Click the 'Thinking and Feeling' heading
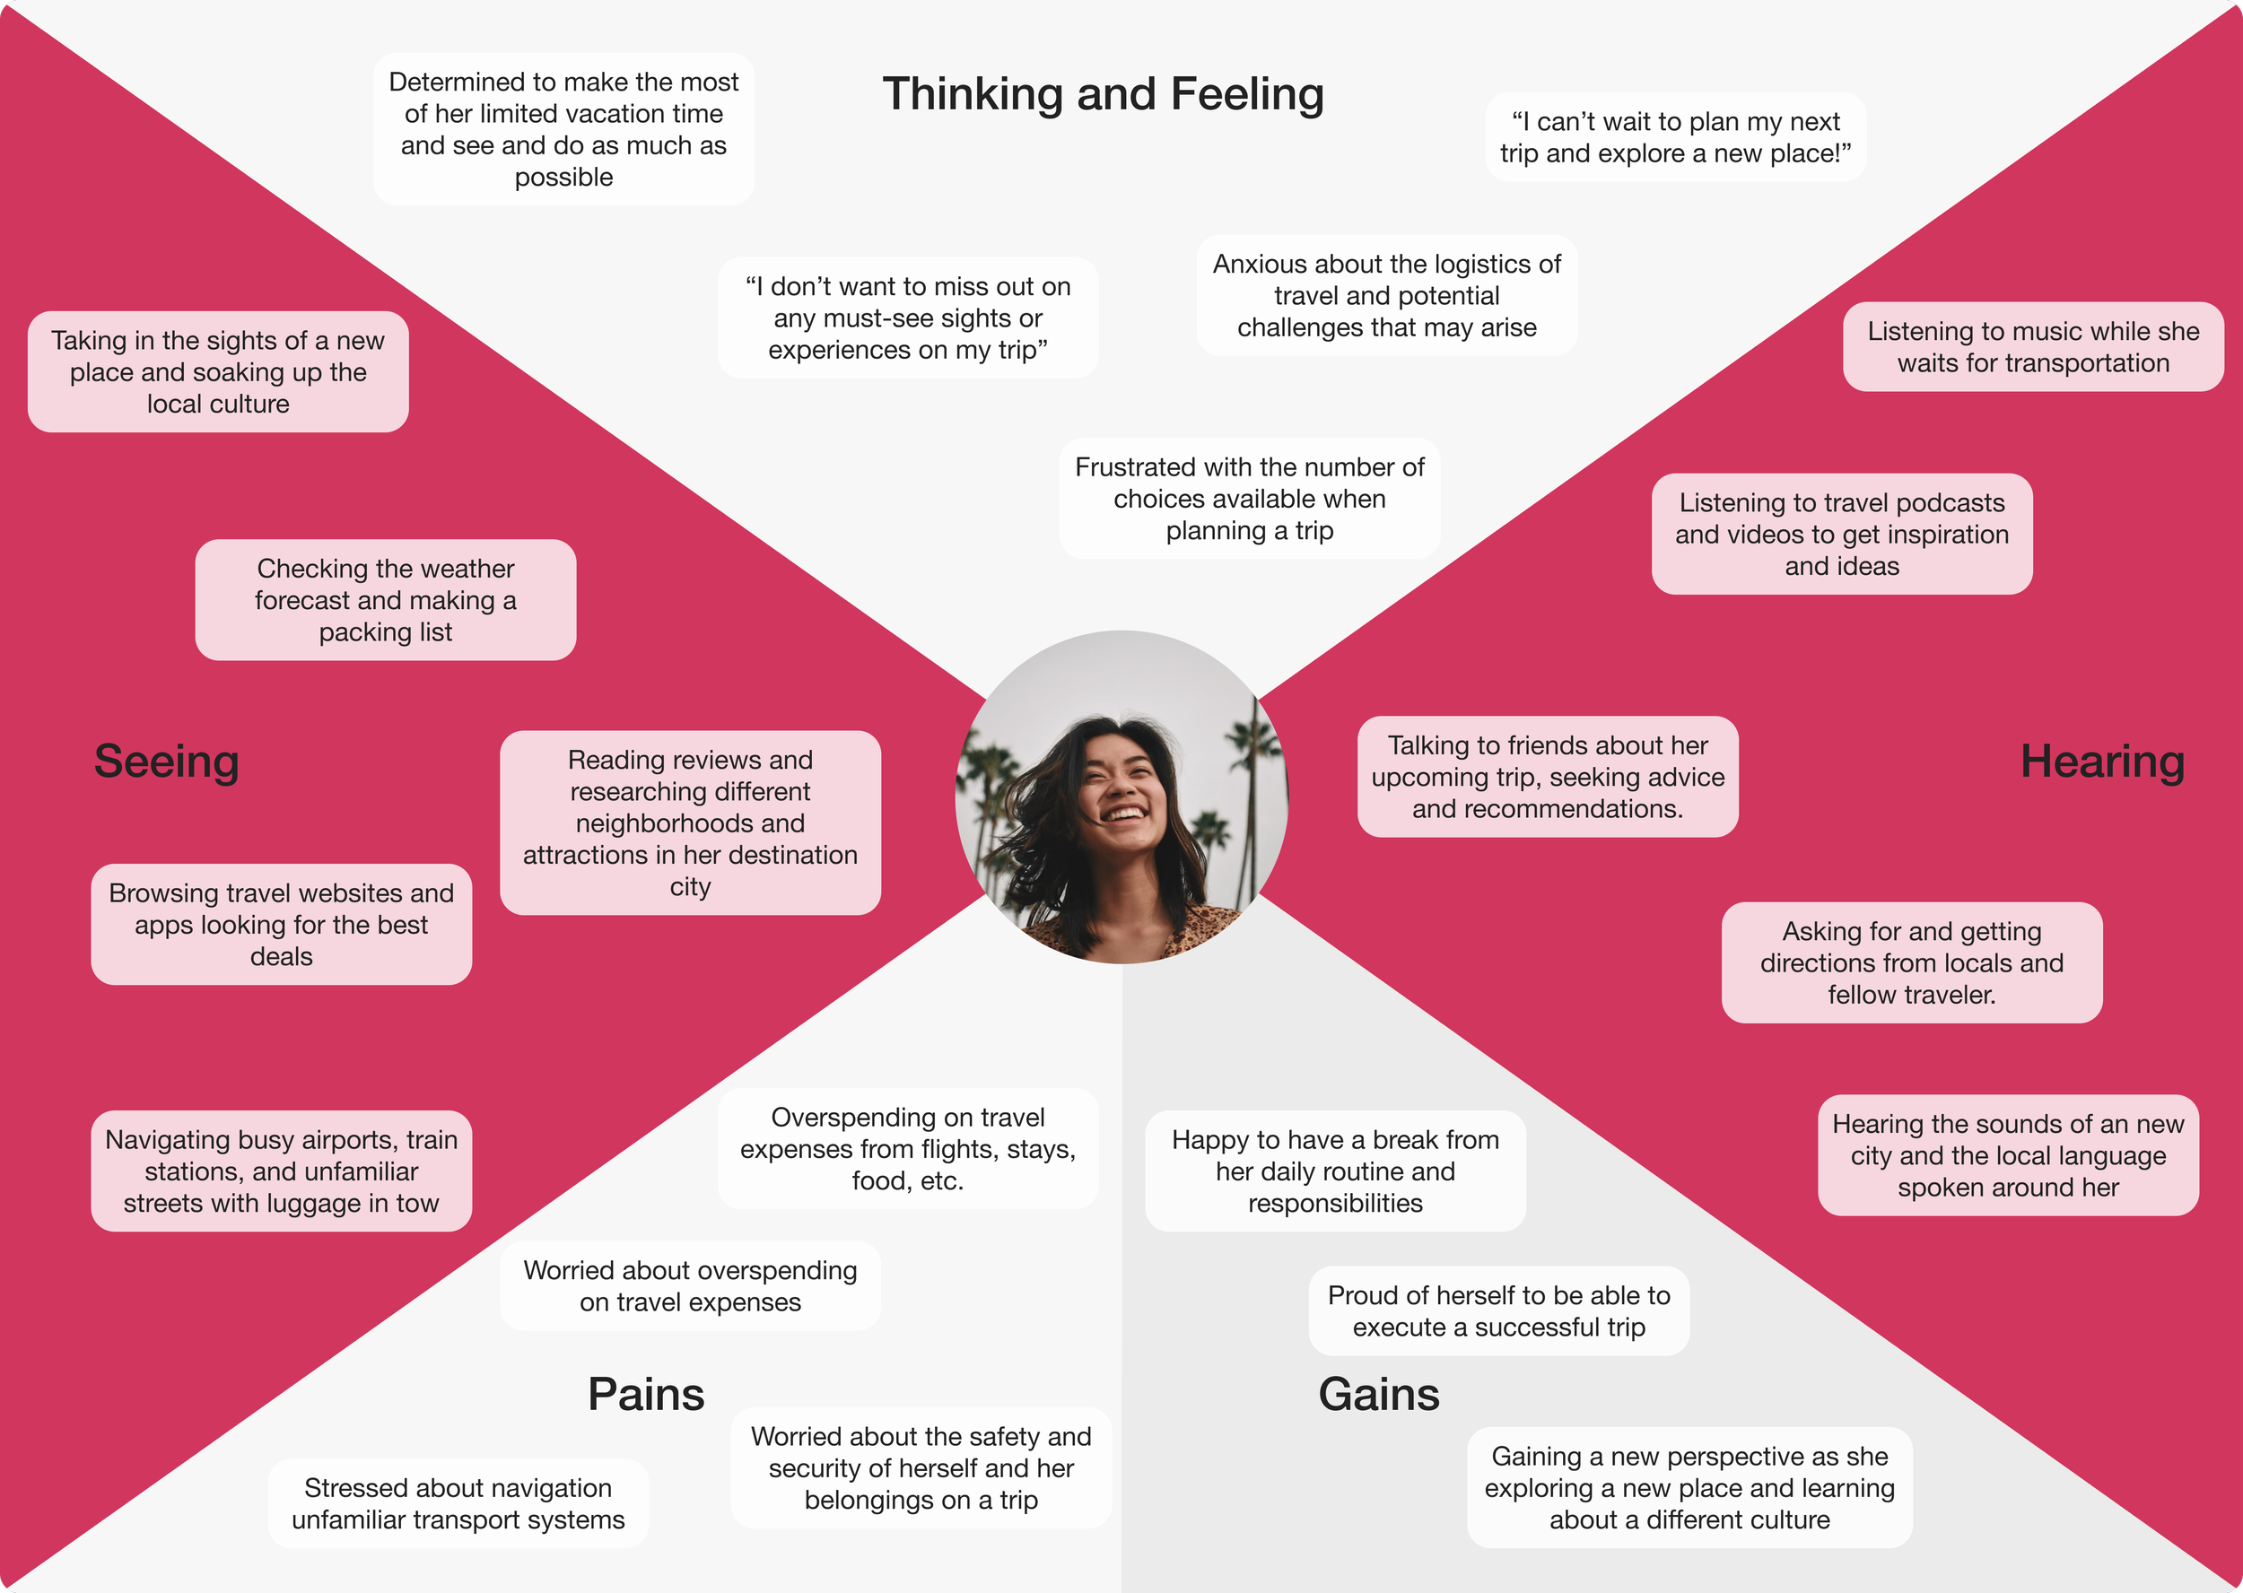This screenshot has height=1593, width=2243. [1103, 94]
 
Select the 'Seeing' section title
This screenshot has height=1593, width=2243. [166, 762]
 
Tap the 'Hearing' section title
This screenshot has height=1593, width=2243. [2102, 762]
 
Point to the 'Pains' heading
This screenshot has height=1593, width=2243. [646, 1394]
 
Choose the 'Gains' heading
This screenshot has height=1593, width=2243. [1379, 1394]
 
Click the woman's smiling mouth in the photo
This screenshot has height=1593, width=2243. [1125, 814]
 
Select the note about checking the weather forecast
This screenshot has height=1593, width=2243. [386, 600]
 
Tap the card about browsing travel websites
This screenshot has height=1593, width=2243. [282, 924]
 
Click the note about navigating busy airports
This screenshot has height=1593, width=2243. [282, 1171]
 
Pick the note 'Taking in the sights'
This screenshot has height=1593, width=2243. [218, 371]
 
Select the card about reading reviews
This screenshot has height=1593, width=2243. [690, 823]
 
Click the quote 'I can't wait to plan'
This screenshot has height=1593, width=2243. [1675, 137]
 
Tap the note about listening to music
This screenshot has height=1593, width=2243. [2033, 347]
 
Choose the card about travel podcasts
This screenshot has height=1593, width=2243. [1842, 535]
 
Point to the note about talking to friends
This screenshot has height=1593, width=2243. [1548, 777]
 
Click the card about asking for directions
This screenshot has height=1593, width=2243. [1911, 962]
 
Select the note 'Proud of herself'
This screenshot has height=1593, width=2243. [1498, 1310]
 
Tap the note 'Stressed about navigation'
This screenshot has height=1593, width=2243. [458, 1502]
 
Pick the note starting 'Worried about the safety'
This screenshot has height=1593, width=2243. [921, 1467]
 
